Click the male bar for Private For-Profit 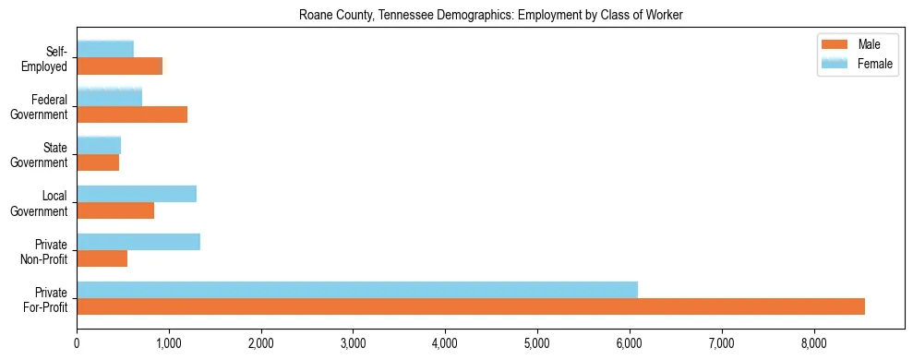tap(471, 306)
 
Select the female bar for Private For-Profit tap(357, 289)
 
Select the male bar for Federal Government tap(132, 114)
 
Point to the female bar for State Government tap(99, 145)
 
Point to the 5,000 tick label tap(537, 344)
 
